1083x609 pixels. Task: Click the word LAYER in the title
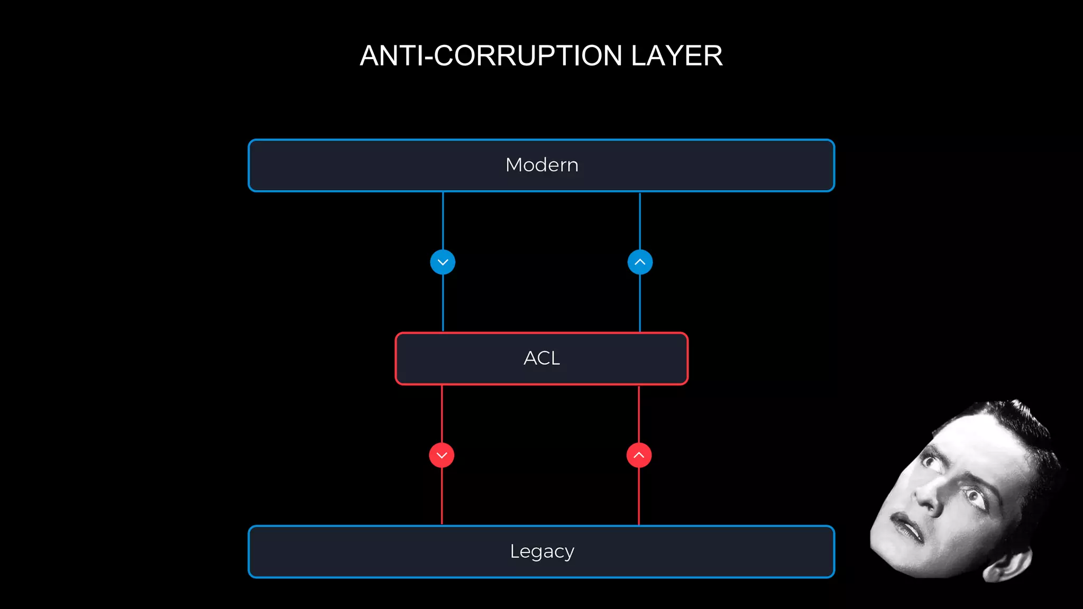pyautogui.click(x=676, y=56)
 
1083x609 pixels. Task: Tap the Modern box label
pyautogui.click(x=541, y=165)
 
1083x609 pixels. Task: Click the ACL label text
pyautogui.click(x=541, y=358)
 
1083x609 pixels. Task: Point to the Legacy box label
pyautogui.click(x=541, y=551)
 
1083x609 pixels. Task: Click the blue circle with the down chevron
pyautogui.click(x=443, y=262)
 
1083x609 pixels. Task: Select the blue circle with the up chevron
pyautogui.click(x=640, y=262)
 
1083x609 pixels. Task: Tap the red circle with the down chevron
pyautogui.click(x=442, y=455)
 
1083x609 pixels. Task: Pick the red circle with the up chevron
pyautogui.click(x=639, y=455)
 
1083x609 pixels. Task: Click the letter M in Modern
pyautogui.click(x=514, y=165)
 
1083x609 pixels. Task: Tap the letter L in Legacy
pyautogui.click(x=514, y=551)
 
